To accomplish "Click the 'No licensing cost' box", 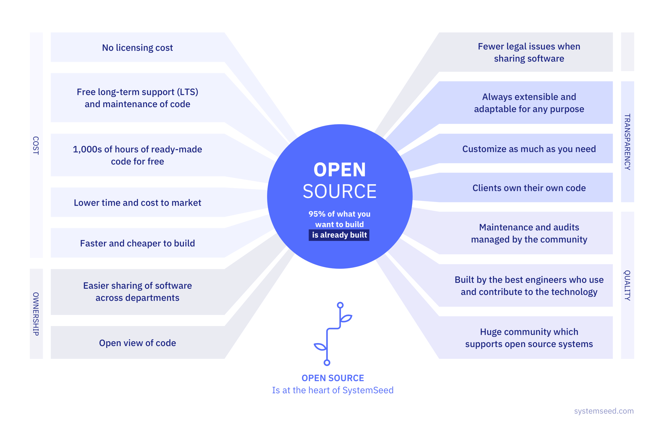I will (137, 47).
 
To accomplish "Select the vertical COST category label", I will (36, 145).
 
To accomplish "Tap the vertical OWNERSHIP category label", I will (36, 314).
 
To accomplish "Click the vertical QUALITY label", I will (627, 285).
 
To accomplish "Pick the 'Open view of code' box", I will (137, 343).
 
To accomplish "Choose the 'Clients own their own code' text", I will (529, 188).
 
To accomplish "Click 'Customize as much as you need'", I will (529, 149).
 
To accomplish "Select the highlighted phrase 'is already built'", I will (339, 235).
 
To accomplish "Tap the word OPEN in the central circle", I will (340, 170).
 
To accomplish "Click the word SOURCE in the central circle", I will (340, 191).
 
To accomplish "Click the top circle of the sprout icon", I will (340, 305).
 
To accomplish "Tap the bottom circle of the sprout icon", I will (327, 362).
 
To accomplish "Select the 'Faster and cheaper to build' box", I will (137, 243).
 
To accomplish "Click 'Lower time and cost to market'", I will (137, 203).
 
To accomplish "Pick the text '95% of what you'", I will (339, 214).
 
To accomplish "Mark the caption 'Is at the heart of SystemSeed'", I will (333, 390).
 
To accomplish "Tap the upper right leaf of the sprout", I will (347, 318).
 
